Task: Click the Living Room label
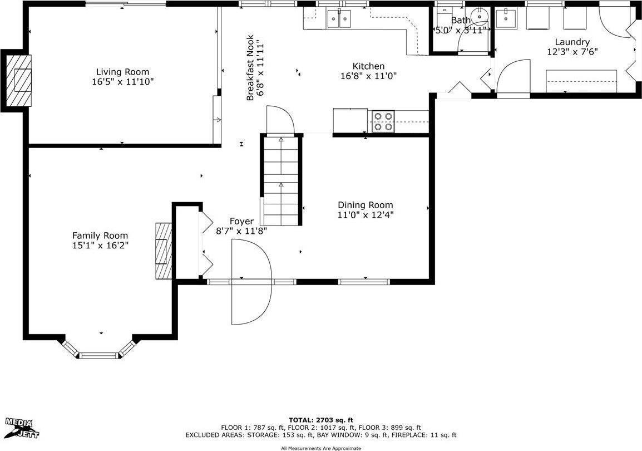click(x=122, y=72)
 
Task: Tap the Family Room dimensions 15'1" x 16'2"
click(x=100, y=246)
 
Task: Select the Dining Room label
click(x=365, y=205)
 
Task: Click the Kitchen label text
click(x=368, y=66)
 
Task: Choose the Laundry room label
click(x=571, y=42)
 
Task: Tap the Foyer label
click(x=241, y=221)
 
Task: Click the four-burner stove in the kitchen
click(x=383, y=121)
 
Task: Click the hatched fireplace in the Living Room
click(x=20, y=79)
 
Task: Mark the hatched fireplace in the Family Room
click(x=164, y=251)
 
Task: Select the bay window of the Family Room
click(x=98, y=350)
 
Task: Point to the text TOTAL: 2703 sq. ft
click(x=321, y=420)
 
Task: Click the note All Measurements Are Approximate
click(x=321, y=448)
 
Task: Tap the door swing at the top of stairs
click(x=279, y=121)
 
